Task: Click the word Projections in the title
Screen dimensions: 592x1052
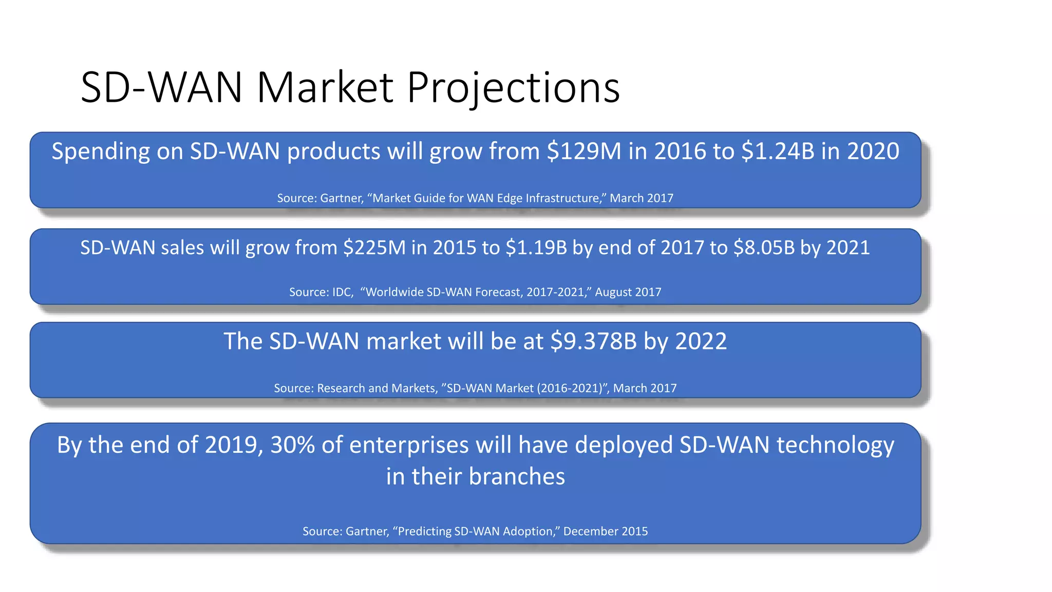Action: coord(513,87)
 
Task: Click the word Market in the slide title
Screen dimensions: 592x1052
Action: coord(325,87)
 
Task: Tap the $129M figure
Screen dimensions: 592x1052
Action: coord(584,152)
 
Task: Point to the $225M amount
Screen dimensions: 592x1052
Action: coord(374,248)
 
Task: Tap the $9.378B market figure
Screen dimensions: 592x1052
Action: coord(593,341)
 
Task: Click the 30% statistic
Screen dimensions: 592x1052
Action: coord(292,445)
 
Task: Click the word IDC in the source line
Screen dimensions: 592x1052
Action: coord(342,292)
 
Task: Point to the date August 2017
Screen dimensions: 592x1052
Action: coord(628,292)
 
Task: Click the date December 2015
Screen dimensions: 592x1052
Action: coord(605,531)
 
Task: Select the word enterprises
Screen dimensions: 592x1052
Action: coord(409,445)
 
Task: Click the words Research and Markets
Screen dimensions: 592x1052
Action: coord(377,388)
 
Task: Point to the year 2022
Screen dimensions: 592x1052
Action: coord(701,341)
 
